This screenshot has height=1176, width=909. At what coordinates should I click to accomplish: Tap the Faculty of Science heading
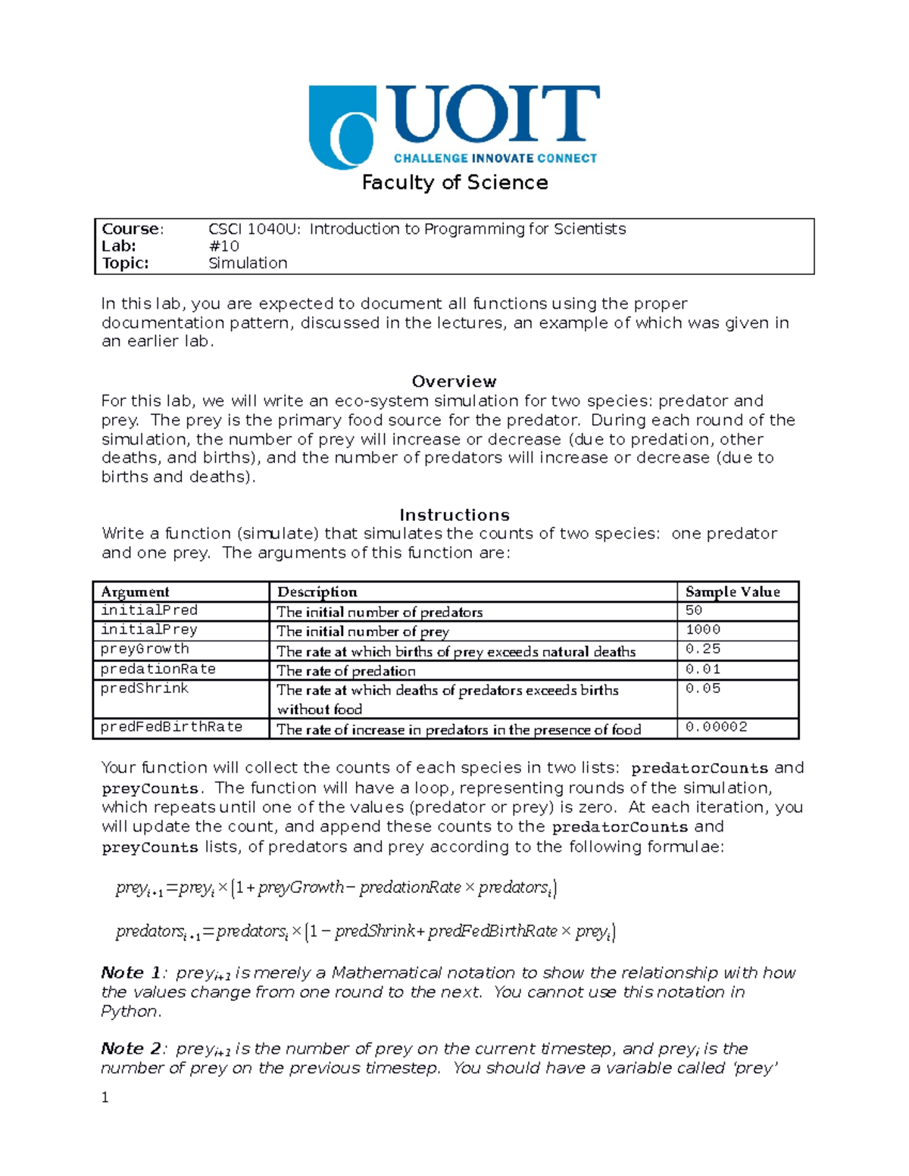pos(454,182)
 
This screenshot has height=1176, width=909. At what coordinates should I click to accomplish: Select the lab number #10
pos(223,246)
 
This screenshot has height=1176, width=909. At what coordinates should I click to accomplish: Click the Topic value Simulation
pos(248,264)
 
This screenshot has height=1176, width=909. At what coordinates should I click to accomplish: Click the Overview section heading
pos(454,382)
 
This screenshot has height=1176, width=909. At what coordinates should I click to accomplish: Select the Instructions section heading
pos(454,515)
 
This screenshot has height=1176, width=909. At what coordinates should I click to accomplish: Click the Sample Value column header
pos(732,592)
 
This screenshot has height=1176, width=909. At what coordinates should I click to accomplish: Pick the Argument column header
pos(135,592)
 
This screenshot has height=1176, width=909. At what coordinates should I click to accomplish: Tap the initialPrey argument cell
pos(148,629)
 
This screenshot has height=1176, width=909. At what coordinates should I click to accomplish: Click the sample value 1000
pos(702,629)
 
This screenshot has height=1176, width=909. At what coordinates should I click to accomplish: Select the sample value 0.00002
pos(716,727)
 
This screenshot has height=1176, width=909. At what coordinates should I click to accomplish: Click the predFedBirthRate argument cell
pos(171,727)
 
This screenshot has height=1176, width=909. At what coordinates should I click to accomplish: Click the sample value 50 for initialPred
pos(693,610)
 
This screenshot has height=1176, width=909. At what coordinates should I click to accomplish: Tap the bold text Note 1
pos(130,973)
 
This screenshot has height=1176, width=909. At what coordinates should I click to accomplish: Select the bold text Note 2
pos(130,1049)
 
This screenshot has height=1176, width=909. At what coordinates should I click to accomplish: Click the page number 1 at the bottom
pos(105,1098)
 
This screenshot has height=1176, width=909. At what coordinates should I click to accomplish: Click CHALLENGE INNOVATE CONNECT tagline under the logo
pos(495,158)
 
